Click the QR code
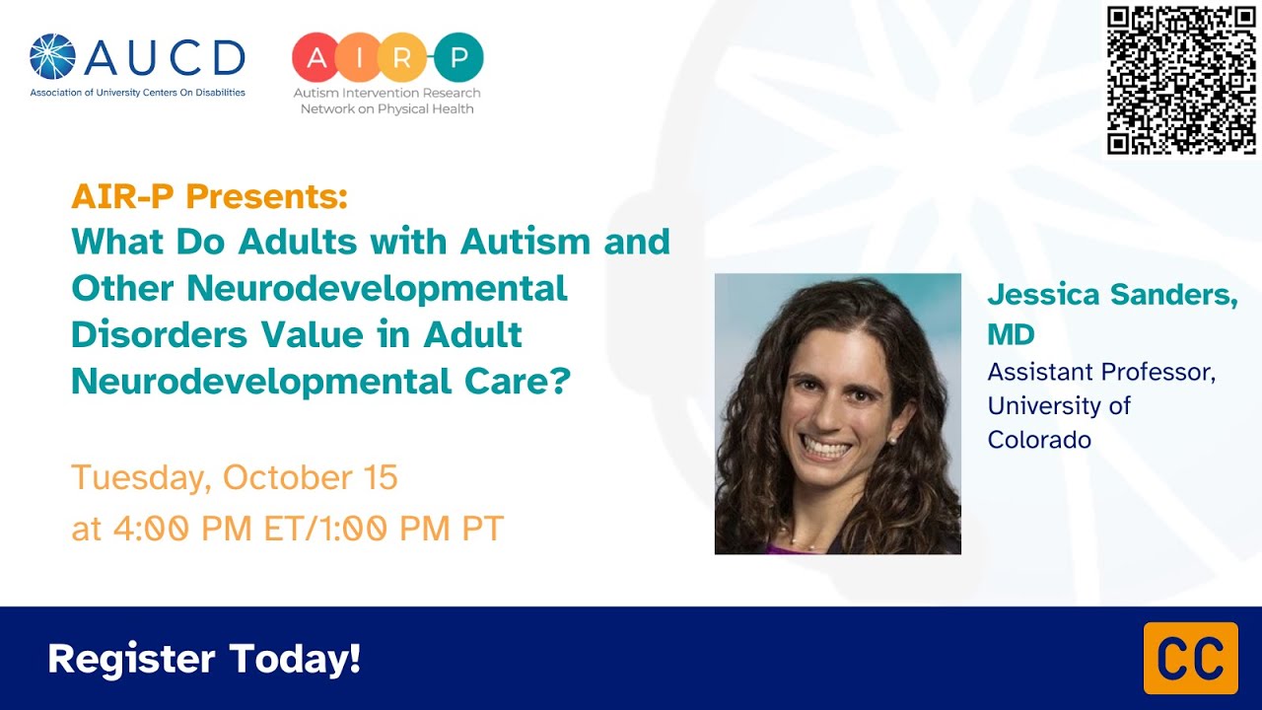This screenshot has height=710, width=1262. pyautogui.click(x=1180, y=80)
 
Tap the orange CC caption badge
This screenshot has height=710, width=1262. pyautogui.click(x=1190, y=658)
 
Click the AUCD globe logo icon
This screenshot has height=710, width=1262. pyautogui.click(x=53, y=57)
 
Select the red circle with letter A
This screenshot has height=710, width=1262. pyautogui.click(x=316, y=57)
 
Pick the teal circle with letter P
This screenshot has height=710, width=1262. pyautogui.click(x=458, y=57)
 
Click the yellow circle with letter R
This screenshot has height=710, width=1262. pyautogui.click(x=401, y=57)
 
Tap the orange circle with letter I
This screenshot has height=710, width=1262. pyautogui.click(x=359, y=57)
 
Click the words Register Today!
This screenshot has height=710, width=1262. pyautogui.click(x=204, y=659)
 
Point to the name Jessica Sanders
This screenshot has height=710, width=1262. pyautogui.click(x=1112, y=295)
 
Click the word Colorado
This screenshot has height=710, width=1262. pyautogui.click(x=1039, y=440)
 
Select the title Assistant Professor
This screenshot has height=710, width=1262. pyautogui.click(x=1101, y=373)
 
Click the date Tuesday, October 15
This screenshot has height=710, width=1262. pyautogui.click(x=235, y=477)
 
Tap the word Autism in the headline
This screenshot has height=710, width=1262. pyautogui.click(x=525, y=241)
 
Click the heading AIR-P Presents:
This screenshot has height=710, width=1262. pyautogui.click(x=209, y=197)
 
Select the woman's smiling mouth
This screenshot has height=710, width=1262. pyautogui.click(x=825, y=450)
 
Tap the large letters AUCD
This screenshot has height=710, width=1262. pyautogui.click(x=164, y=58)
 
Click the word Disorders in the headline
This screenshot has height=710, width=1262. pyautogui.click(x=159, y=334)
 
